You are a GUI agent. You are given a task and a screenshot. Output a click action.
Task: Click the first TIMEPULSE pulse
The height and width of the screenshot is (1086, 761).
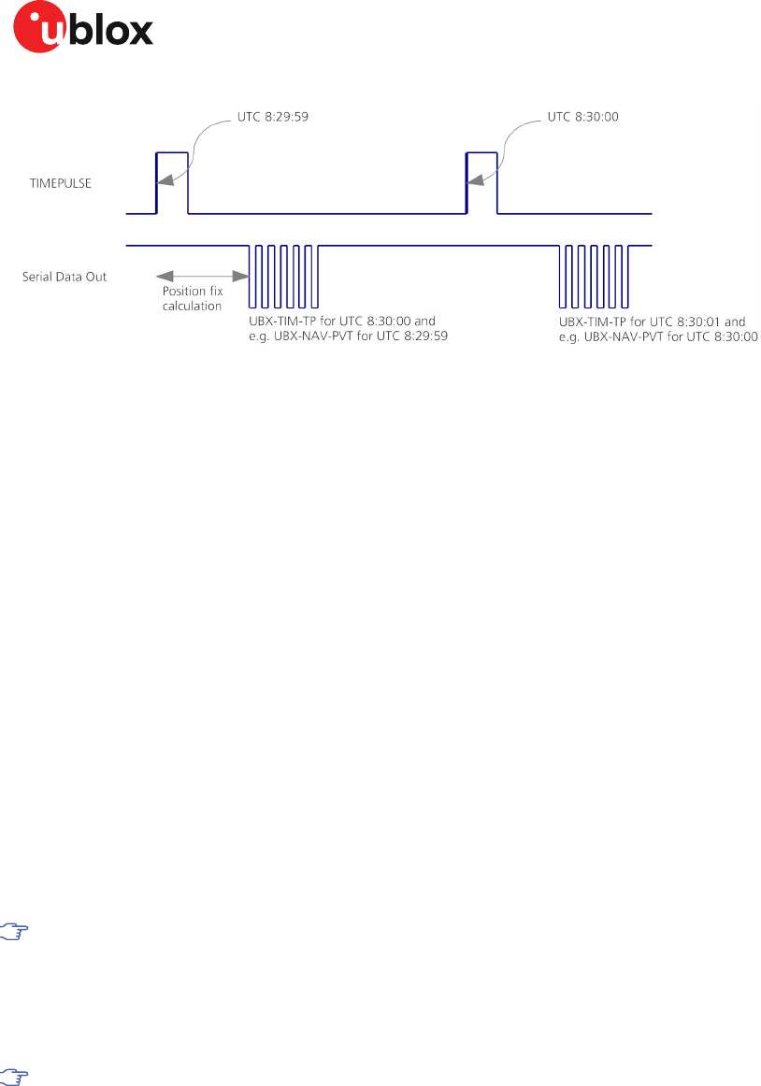(x=172, y=182)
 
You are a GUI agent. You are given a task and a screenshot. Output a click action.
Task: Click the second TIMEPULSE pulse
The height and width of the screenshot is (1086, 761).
(x=481, y=182)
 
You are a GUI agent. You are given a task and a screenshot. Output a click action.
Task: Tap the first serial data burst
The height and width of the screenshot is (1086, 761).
(x=283, y=277)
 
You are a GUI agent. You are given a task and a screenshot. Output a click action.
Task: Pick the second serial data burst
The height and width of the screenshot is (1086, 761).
(x=596, y=277)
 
